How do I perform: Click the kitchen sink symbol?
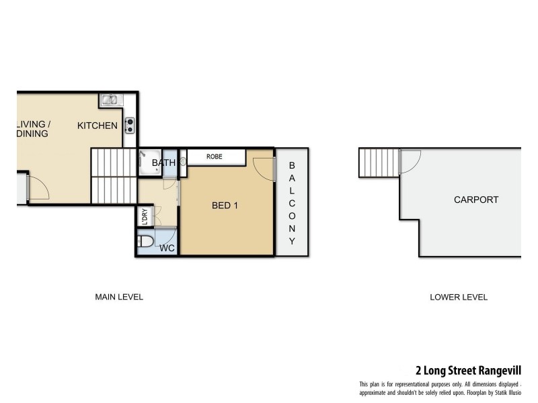click(x=110, y=101)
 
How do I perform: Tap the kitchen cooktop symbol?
click(x=130, y=124)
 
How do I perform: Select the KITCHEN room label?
click(x=98, y=126)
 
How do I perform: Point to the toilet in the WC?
click(x=146, y=241)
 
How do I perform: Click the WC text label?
click(x=167, y=248)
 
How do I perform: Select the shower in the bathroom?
click(x=149, y=162)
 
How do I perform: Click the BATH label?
click(x=163, y=163)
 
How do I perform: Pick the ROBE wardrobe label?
click(x=215, y=156)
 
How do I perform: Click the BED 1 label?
click(x=225, y=206)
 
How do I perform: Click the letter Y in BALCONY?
click(x=293, y=241)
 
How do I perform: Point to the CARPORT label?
click(x=475, y=199)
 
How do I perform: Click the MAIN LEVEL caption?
click(x=119, y=297)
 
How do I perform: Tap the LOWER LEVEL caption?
click(x=458, y=297)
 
